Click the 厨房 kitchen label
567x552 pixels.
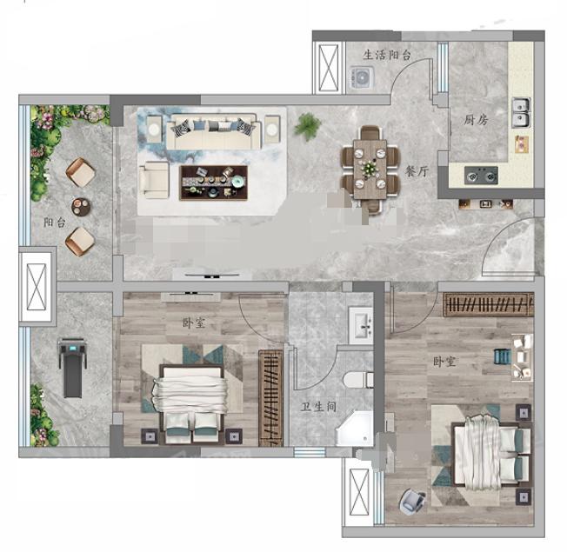click(x=476, y=120)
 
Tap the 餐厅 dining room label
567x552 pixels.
click(x=417, y=171)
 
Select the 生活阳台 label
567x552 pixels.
click(x=387, y=55)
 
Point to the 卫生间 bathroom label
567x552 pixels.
click(x=319, y=407)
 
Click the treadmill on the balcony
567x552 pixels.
click(x=73, y=368)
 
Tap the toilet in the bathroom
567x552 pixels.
click(x=358, y=380)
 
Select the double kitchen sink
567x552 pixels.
click(x=521, y=112)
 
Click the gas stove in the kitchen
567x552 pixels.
click(x=481, y=176)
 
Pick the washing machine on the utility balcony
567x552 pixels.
click(x=362, y=77)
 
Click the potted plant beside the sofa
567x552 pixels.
click(x=307, y=126)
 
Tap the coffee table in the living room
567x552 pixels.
click(x=214, y=183)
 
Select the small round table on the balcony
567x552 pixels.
click(x=81, y=207)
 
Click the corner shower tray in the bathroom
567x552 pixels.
click(x=354, y=429)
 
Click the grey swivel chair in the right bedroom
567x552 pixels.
click(x=412, y=501)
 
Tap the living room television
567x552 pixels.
click(x=212, y=276)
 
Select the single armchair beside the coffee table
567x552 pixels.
click(x=155, y=180)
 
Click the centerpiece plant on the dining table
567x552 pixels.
click(x=370, y=168)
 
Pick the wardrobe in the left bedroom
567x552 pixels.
click(x=270, y=398)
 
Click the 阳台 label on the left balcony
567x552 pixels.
click(x=55, y=223)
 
